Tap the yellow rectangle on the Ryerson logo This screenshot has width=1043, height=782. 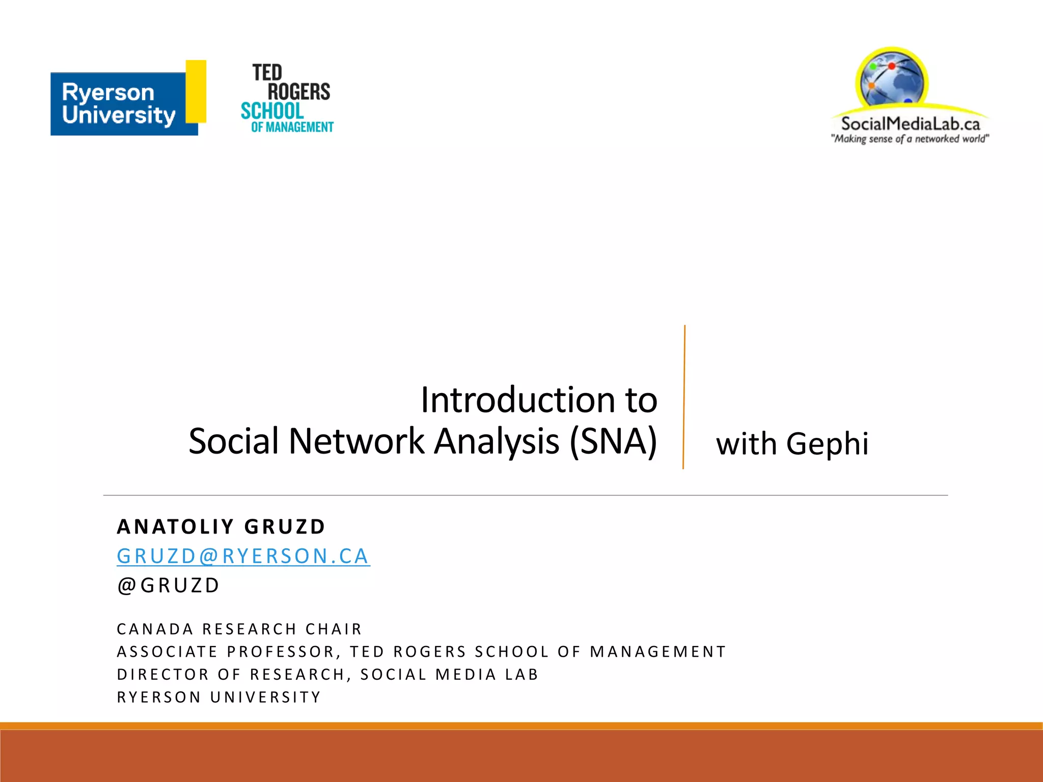(196, 92)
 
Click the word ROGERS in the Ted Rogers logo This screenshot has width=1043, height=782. (299, 92)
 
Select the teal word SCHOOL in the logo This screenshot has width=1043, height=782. (272, 111)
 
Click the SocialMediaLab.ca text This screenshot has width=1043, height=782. (910, 124)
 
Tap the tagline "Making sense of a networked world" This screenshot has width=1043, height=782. (910, 139)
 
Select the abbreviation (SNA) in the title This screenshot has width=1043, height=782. (613, 441)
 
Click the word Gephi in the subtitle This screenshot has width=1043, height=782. (827, 444)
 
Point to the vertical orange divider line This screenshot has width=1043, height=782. (684, 397)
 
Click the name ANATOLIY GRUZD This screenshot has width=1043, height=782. (221, 527)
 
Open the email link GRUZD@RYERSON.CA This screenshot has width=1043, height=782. (243, 556)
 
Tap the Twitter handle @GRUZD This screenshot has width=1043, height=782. (169, 585)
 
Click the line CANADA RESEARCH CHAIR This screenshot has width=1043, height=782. (239, 629)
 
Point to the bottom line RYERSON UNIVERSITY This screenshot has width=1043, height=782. (219, 697)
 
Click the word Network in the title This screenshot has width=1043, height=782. (356, 441)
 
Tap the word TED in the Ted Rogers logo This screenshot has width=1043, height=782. (267, 73)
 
